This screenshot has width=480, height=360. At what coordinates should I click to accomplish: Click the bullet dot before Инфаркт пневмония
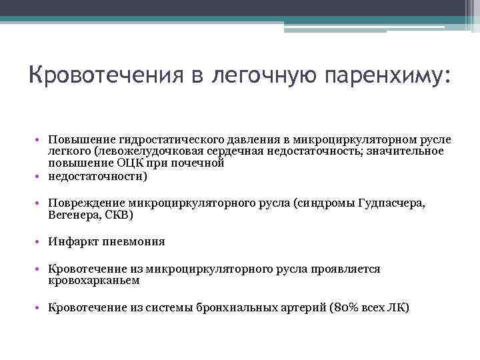[41, 242]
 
